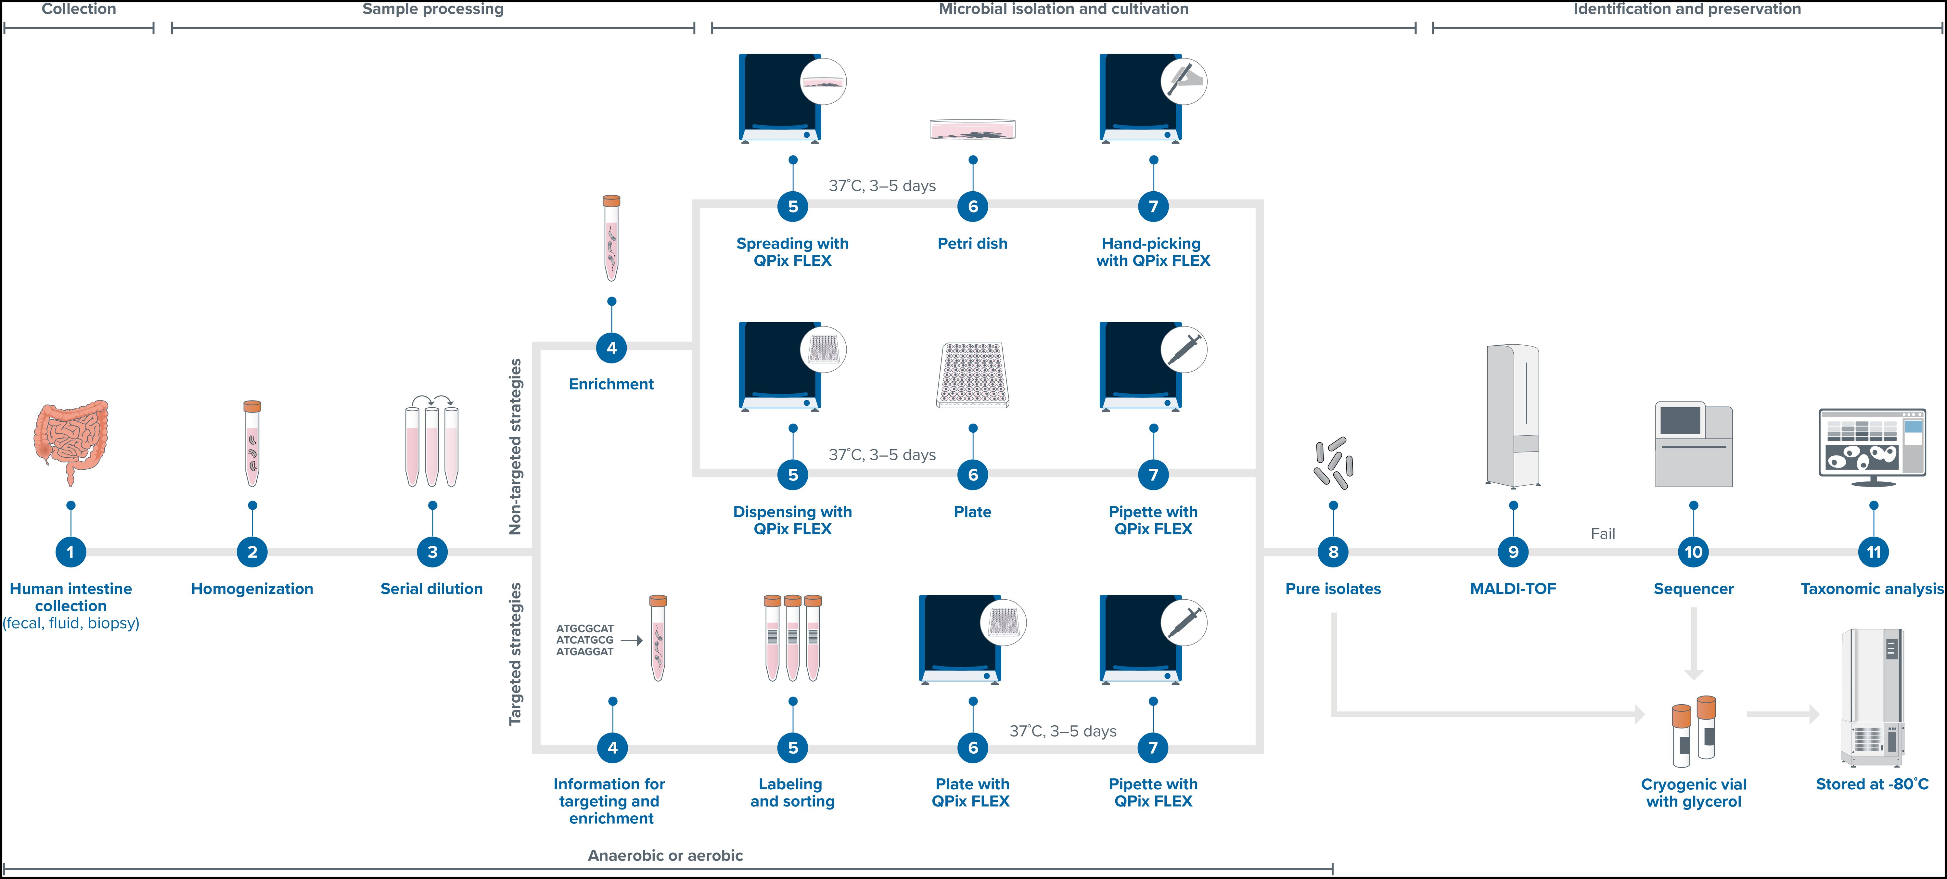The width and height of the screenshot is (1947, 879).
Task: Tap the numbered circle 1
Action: (x=70, y=552)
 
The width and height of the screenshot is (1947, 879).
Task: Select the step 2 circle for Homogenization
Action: (x=252, y=552)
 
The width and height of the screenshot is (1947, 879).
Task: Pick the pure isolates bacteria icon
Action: (x=1333, y=463)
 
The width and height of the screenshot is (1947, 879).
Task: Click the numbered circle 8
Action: (x=1333, y=552)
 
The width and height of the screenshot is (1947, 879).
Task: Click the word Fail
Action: (x=1602, y=534)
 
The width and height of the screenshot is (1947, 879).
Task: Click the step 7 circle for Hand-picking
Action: (x=1153, y=206)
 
